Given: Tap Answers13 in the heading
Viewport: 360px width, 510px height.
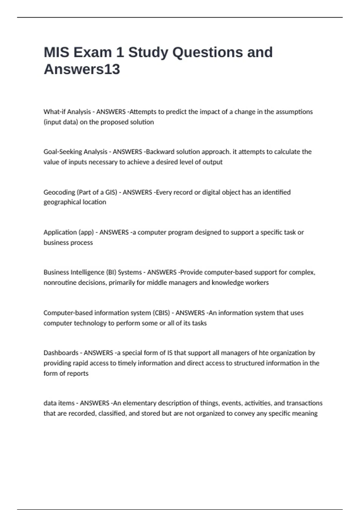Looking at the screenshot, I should tap(82, 69).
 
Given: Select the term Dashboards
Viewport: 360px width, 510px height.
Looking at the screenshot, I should tap(61, 353).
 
